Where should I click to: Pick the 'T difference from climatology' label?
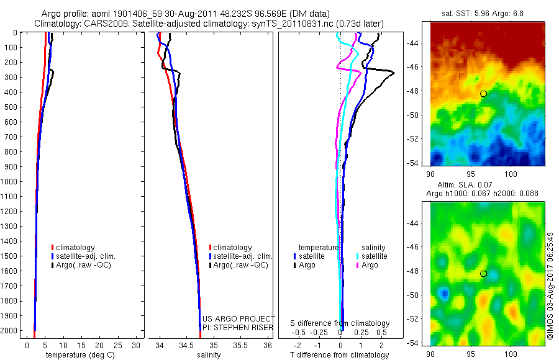point(340,355)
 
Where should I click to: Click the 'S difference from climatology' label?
point(340,323)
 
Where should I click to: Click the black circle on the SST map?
point(483,94)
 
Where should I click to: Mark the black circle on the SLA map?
point(483,274)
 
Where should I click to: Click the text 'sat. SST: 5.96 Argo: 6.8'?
point(488,12)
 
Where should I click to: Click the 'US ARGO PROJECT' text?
point(239,318)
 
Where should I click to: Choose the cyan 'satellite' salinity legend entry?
point(374,256)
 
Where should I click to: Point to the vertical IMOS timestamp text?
point(550,287)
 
